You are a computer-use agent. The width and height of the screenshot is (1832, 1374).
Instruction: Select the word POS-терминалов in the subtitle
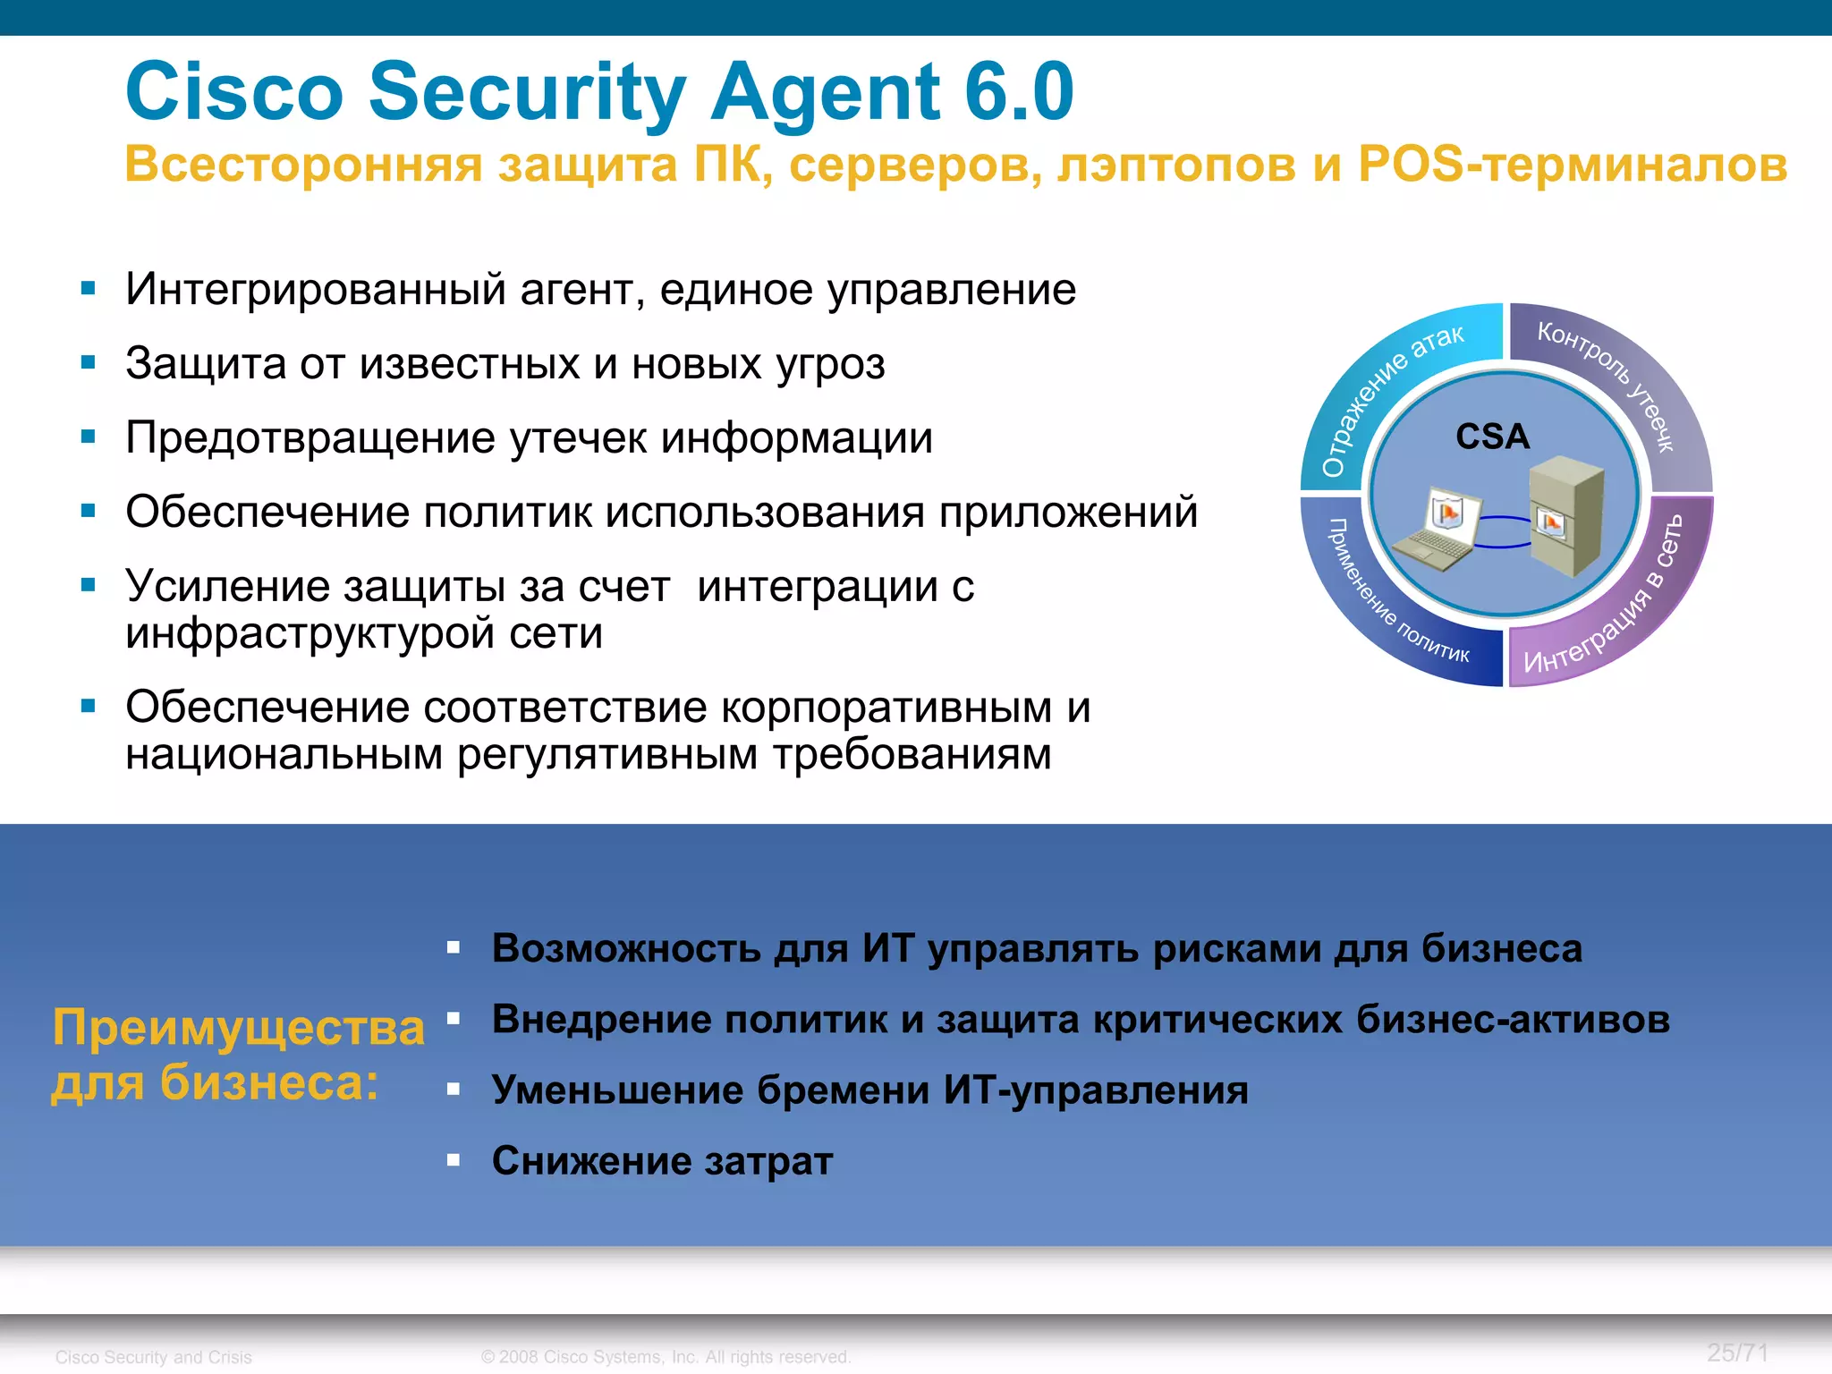[x=1572, y=165]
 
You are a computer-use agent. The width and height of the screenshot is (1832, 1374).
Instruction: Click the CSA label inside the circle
[x=1492, y=437]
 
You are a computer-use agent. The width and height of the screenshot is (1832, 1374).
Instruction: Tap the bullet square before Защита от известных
[x=88, y=362]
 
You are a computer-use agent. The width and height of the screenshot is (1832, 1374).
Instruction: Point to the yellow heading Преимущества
[x=238, y=1026]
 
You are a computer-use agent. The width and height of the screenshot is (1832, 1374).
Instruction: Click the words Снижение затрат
[x=662, y=1161]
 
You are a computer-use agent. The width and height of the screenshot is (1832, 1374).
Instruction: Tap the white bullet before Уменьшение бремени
[x=454, y=1089]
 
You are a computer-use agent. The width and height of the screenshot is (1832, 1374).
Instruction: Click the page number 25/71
[x=1736, y=1353]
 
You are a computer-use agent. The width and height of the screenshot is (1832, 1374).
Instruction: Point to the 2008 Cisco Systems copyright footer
[x=666, y=1357]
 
